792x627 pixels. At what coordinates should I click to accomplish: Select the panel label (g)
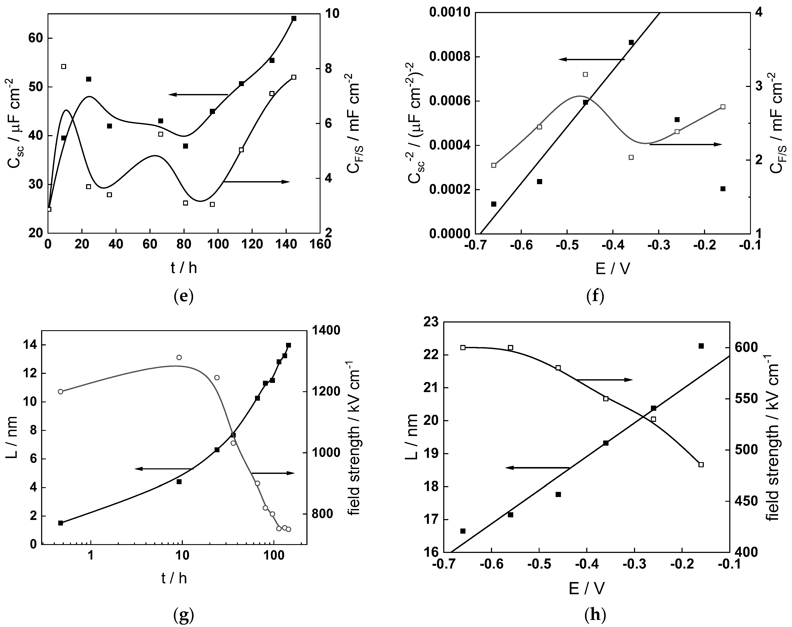183,616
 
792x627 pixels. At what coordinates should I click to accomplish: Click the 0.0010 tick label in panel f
449,13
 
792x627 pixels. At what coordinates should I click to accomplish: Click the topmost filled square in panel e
294,18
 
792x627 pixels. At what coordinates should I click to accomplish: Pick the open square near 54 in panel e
64,66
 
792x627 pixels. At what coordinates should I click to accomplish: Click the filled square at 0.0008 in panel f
631,42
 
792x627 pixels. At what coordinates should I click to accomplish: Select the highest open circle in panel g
179,357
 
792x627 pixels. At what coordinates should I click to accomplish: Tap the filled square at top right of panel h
701,346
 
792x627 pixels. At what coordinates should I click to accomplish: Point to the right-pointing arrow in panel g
273,473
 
